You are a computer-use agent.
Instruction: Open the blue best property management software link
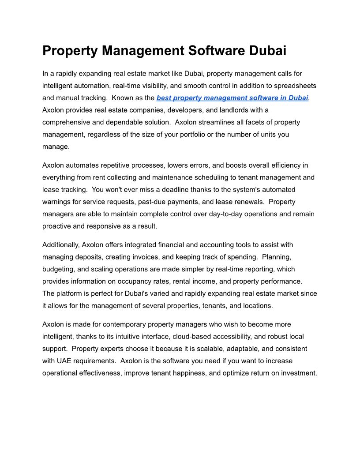point(232,98)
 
